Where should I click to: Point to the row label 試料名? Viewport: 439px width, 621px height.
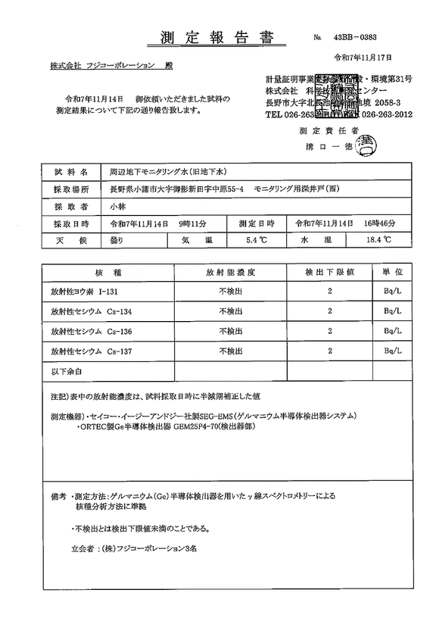(x=71, y=173)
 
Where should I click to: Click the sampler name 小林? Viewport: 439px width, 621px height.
(x=118, y=206)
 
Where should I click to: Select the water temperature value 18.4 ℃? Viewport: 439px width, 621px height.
(x=376, y=240)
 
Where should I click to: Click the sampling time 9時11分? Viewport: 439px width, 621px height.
(x=192, y=223)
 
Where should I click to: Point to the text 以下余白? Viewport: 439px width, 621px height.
(x=66, y=371)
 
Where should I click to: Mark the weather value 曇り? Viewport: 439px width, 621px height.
(x=119, y=240)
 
